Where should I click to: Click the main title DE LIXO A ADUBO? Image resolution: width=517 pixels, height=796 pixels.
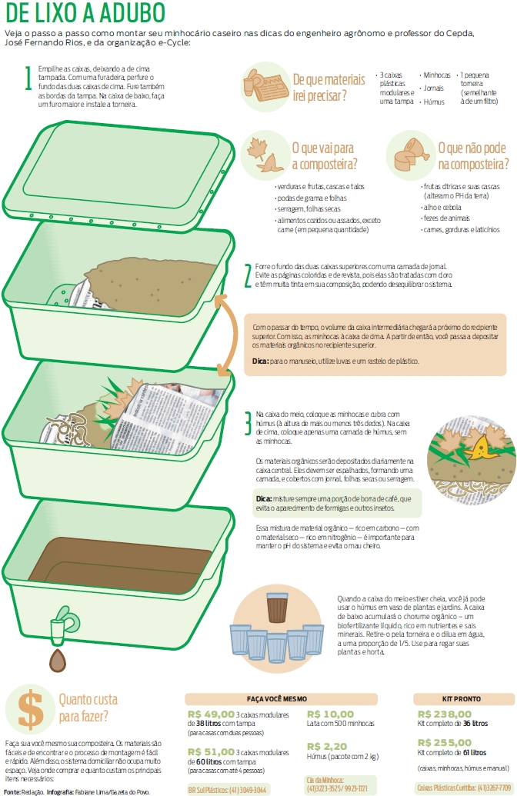[85, 13]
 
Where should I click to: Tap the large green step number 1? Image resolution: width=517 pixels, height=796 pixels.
[28, 78]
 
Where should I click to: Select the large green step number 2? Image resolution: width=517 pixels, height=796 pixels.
[247, 275]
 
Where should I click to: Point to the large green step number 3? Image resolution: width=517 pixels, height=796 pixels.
[247, 423]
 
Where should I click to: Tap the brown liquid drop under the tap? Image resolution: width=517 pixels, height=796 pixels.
[58, 658]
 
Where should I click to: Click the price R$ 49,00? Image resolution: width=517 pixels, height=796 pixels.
[211, 714]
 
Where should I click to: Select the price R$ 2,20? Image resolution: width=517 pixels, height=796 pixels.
[327, 746]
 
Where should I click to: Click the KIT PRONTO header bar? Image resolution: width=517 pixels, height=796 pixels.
[461, 698]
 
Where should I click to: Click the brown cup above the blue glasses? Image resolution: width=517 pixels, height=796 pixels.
[278, 608]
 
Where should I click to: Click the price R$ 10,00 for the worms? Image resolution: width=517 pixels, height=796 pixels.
[331, 714]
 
